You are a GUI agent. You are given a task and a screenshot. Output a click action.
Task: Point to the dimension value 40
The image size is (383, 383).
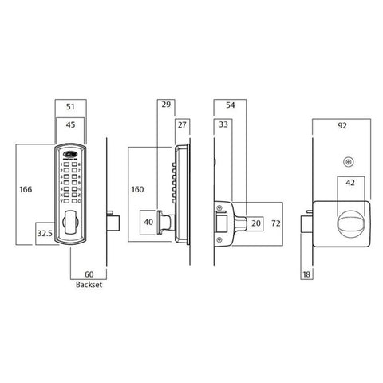click(x=148, y=223)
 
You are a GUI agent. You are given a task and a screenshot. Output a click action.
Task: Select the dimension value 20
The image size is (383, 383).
click(x=255, y=223)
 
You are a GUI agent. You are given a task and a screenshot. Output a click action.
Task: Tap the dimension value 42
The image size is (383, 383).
click(x=349, y=183)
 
